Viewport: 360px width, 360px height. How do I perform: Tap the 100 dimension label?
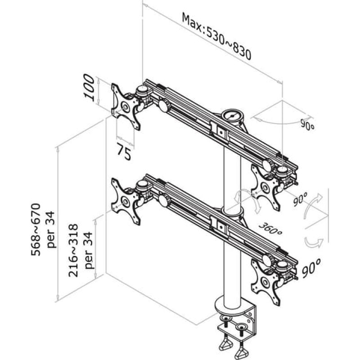(x=90, y=88)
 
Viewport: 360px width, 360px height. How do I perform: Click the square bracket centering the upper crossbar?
(x=220, y=131)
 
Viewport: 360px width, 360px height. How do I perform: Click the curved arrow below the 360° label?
(x=310, y=243)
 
